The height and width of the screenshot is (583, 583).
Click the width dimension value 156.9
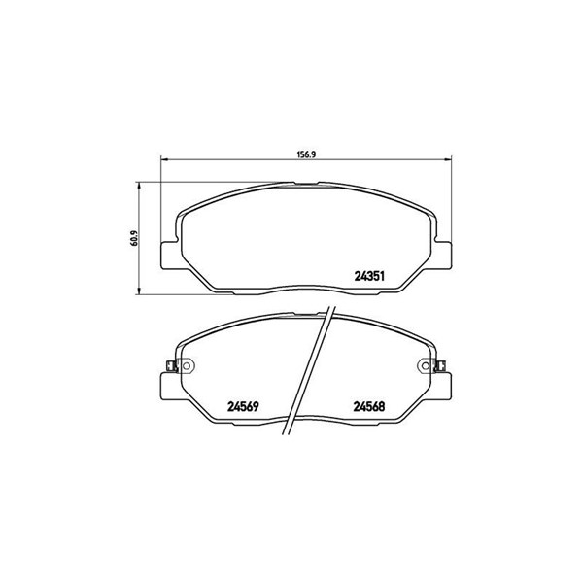tap(306, 154)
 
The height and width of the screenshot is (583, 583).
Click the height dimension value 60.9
tap(134, 239)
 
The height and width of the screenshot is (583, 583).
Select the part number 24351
tap(369, 276)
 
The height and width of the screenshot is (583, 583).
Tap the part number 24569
tap(243, 407)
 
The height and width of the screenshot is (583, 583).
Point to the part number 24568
tap(369, 407)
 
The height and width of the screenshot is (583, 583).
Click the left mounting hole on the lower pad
tap(187, 366)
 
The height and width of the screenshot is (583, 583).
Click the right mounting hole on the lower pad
tap(425, 366)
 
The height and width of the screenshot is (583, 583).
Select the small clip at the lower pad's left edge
tap(171, 366)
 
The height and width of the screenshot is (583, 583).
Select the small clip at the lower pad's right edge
tap(441, 366)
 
